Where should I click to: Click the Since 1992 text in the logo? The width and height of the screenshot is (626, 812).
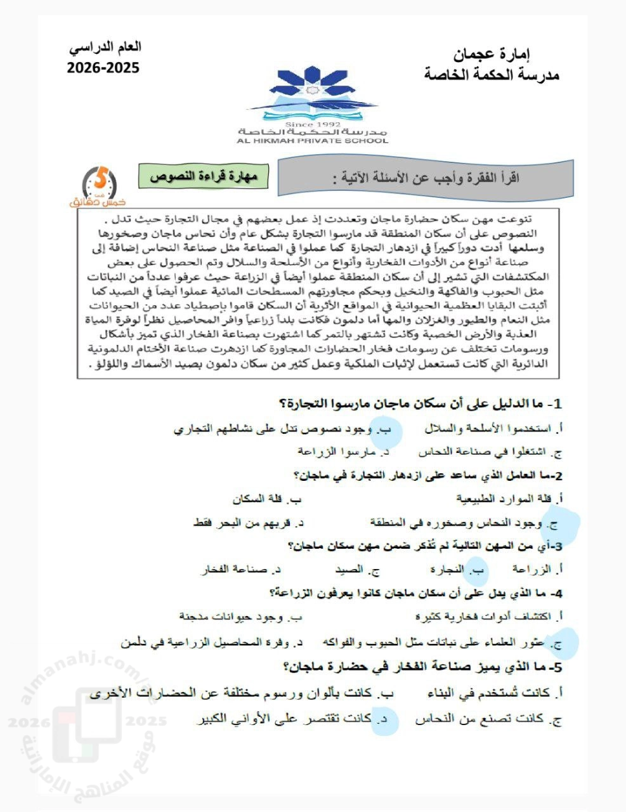[x=313, y=124]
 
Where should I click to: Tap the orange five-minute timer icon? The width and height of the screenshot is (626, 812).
[x=100, y=186]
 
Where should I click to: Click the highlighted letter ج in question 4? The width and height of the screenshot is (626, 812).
[x=558, y=644]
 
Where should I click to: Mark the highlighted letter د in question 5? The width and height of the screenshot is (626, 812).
[x=383, y=719]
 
